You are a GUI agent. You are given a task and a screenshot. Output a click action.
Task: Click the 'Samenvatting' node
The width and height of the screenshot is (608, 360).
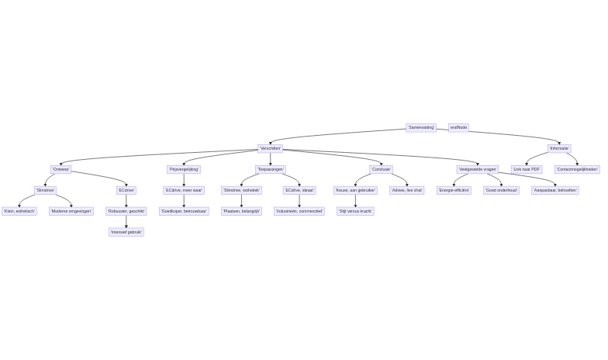tap(421, 127)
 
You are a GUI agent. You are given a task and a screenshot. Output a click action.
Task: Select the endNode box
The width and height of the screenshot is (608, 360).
tap(458, 127)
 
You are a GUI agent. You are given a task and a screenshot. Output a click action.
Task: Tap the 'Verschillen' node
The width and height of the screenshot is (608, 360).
tap(271, 148)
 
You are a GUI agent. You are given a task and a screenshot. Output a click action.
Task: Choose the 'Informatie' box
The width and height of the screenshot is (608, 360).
tap(559, 148)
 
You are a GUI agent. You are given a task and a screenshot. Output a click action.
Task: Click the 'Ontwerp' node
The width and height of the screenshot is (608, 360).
tap(61, 169)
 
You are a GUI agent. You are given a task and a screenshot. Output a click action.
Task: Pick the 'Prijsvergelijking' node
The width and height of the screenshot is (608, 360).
tap(184, 169)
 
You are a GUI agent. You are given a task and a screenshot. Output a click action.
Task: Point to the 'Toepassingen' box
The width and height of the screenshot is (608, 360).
tap(271, 169)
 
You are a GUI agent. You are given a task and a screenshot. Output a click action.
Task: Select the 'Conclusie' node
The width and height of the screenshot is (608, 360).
tap(381, 169)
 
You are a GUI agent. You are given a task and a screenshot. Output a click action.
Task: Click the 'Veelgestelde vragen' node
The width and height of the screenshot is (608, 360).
tap(478, 169)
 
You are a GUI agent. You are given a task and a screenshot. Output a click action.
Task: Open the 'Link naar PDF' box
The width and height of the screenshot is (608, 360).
tap(527, 169)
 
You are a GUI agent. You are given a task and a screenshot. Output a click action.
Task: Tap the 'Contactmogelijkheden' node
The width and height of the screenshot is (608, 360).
tap(577, 169)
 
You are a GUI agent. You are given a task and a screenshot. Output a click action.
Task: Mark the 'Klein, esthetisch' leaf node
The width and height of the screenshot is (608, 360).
tap(19, 211)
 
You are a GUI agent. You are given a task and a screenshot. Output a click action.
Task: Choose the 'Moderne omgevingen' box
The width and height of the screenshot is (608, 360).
tap(71, 211)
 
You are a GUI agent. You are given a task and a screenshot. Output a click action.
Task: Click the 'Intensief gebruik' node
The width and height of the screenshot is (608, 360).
tap(126, 232)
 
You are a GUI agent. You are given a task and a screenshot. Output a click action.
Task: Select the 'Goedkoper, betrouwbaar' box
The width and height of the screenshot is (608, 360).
tap(184, 211)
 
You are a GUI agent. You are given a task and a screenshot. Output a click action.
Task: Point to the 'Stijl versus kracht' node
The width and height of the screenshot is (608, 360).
tap(355, 211)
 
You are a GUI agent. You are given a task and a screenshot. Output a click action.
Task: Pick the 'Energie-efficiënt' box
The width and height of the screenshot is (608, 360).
tap(454, 190)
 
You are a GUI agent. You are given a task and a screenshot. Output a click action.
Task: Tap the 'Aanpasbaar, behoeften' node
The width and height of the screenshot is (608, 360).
tap(555, 190)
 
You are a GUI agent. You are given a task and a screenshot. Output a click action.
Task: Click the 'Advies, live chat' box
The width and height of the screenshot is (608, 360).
tap(407, 190)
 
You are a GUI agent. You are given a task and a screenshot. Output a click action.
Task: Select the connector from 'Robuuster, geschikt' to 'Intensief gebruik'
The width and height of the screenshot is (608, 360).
tap(126, 221)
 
